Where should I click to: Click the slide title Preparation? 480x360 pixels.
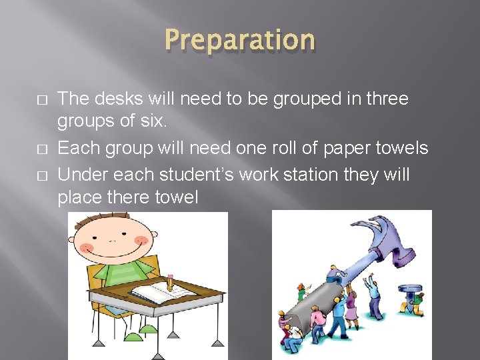(x=239, y=40)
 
